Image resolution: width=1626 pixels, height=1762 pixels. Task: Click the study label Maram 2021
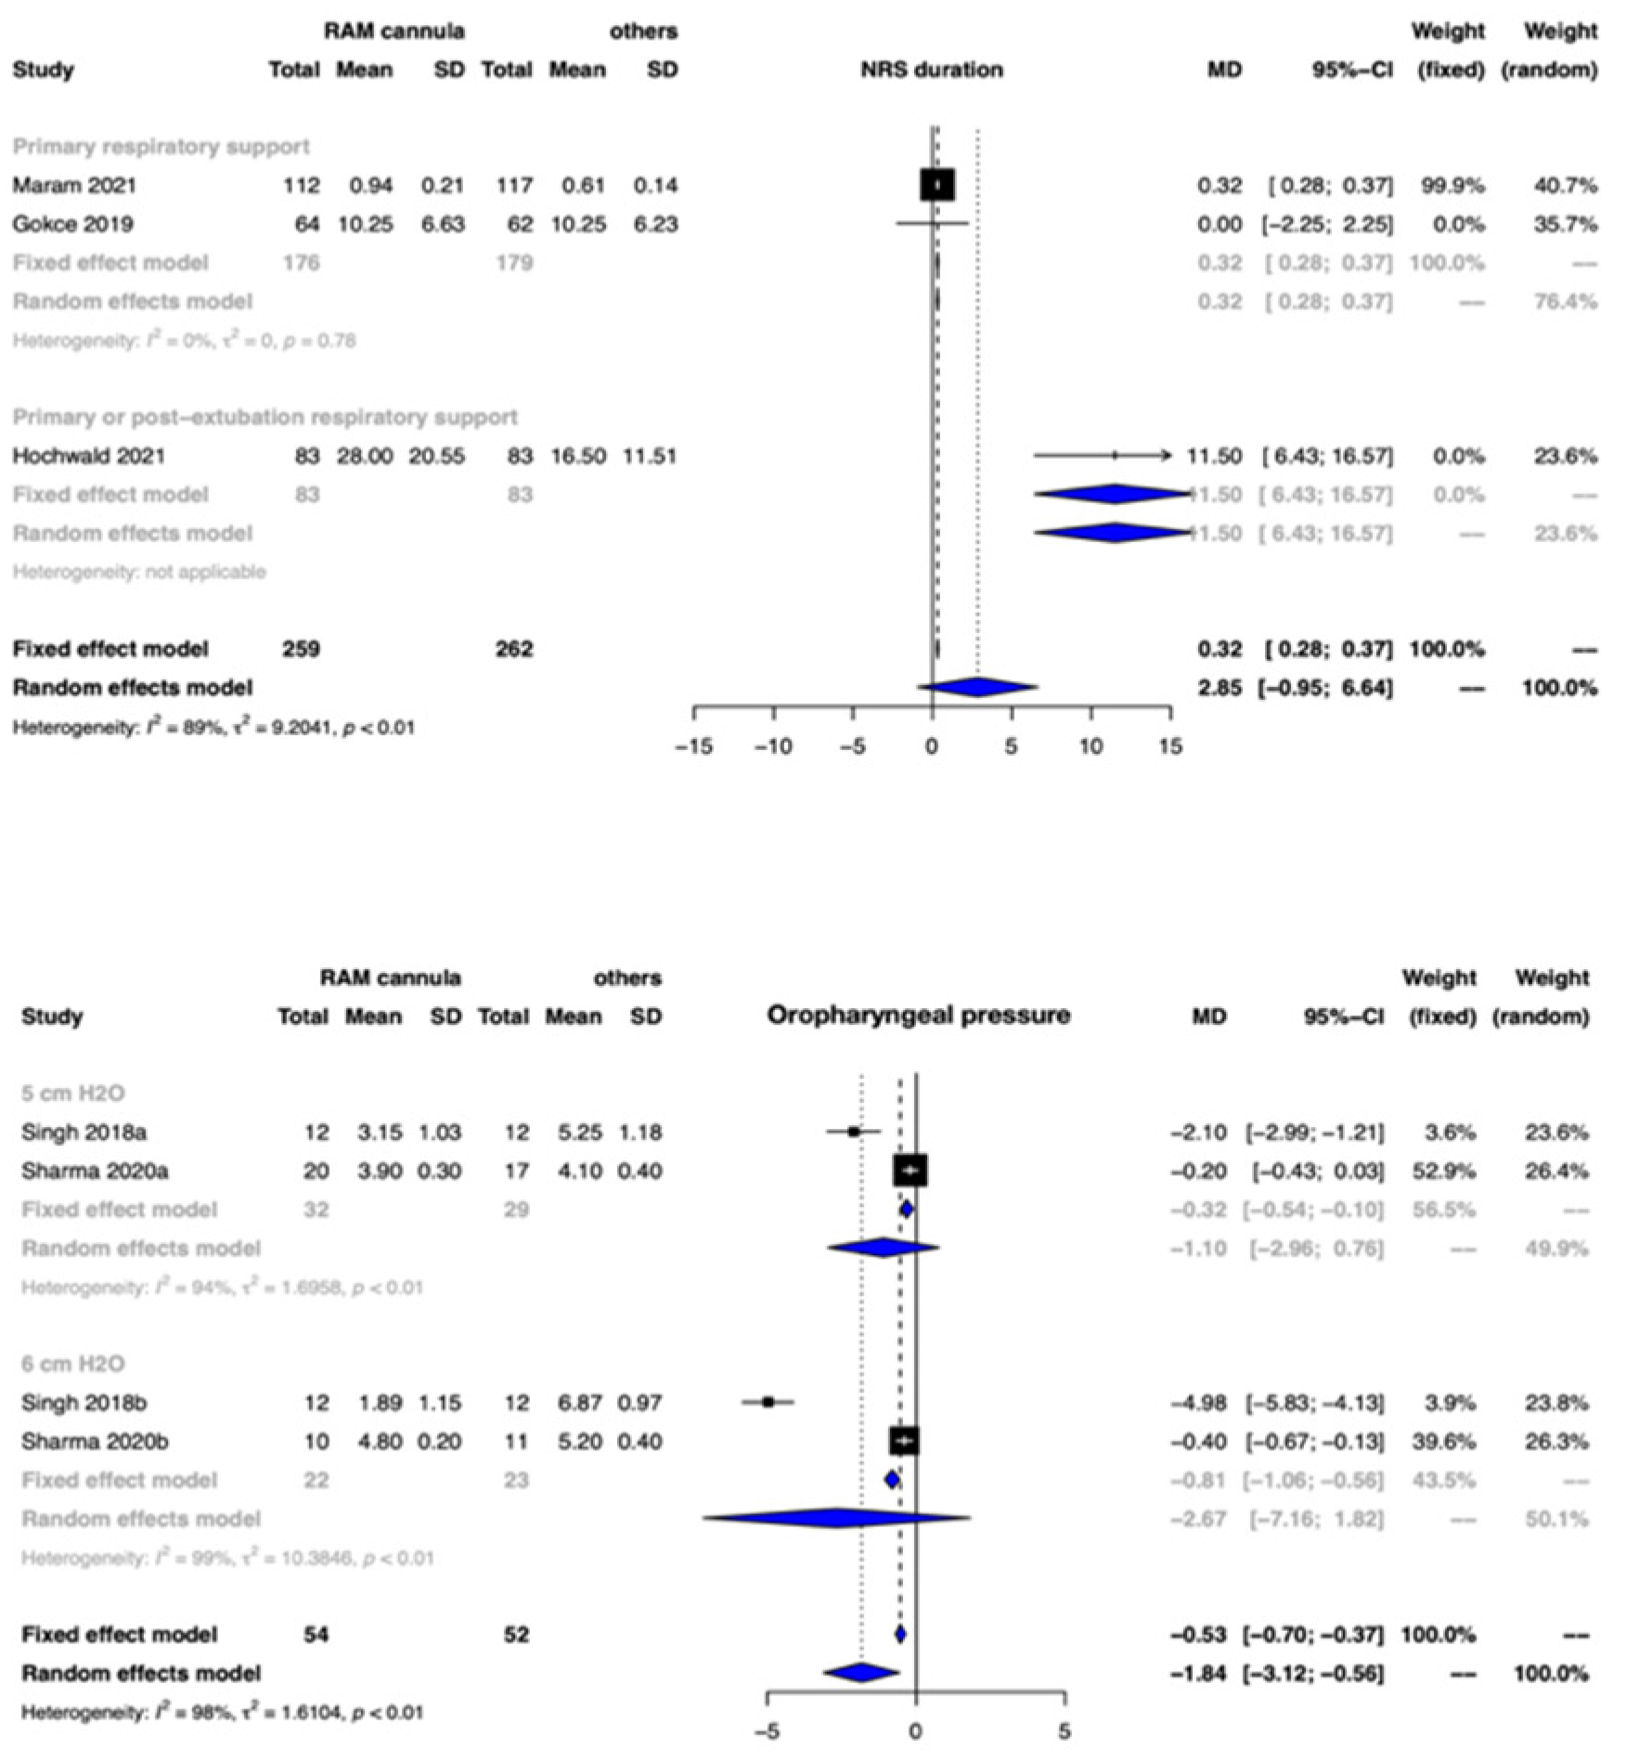coord(73,186)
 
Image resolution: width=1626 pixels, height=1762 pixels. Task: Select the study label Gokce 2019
coord(71,225)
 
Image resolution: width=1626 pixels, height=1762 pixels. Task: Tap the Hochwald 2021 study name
coord(88,456)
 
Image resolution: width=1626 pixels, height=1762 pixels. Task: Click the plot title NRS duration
coord(931,70)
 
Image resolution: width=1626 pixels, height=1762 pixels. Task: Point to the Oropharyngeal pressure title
coord(918,1016)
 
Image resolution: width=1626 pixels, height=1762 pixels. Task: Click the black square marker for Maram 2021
coord(937,185)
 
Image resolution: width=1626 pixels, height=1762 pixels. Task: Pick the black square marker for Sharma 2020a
coord(910,1172)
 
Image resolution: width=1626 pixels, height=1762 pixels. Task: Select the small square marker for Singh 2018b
coord(768,1402)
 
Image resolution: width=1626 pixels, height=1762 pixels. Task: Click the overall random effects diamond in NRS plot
coord(977,688)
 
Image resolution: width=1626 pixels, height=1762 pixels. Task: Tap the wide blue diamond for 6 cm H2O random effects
coord(837,1519)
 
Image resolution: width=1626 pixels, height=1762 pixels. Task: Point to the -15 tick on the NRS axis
coord(693,747)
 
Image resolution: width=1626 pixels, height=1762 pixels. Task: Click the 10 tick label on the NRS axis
coord(1090,747)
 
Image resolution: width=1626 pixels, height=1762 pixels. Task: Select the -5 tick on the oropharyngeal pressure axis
coord(768,1732)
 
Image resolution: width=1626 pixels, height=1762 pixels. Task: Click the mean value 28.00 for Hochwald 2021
coord(365,456)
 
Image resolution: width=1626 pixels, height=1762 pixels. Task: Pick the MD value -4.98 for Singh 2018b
coord(1198,1403)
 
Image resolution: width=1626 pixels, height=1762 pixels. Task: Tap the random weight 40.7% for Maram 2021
coord(1566,186)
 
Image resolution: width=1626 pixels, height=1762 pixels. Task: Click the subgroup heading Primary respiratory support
coord(161,147)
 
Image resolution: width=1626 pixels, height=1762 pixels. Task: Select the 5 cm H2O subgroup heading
coord(72,1094)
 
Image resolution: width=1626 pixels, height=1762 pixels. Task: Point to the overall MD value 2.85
coord(1219,688)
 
